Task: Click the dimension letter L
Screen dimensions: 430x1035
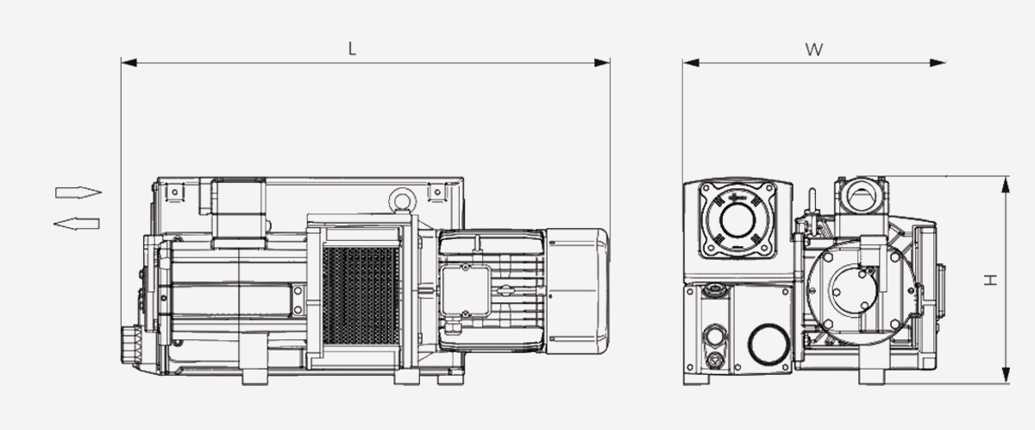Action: pyautogui.click(x=351, y=49)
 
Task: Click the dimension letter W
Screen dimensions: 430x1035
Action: pyautogui.click(x=813, y=49)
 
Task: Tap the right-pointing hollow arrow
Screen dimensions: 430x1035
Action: pyautogui.click(x=78, y=192)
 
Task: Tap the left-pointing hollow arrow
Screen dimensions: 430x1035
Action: pyautogui.click(x=77, y=224)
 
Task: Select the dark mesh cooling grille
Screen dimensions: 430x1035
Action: pyautogui.click(x=360, y=293)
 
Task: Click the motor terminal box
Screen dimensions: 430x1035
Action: pyautogui.click(x=465, y=290)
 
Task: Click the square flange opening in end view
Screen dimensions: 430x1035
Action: pyautogui.click(x=736, y=219)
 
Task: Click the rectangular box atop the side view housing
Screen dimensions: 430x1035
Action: pyautogui.click(x=239, y=209)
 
